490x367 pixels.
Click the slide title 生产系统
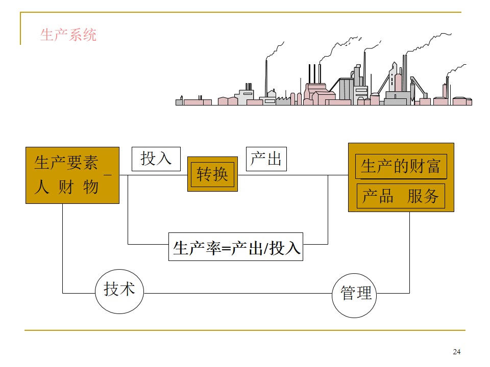68,35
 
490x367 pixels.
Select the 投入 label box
156,159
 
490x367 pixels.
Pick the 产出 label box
266,159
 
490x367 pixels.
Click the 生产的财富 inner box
401,166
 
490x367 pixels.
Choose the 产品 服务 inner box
401,197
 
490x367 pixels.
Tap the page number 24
456,352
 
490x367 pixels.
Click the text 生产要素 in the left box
65,163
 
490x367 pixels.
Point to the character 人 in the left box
41,187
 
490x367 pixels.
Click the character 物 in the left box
91,187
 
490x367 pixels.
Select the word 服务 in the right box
423,197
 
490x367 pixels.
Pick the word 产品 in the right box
378,197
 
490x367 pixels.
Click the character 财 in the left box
66,187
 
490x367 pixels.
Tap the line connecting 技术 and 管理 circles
237,293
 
